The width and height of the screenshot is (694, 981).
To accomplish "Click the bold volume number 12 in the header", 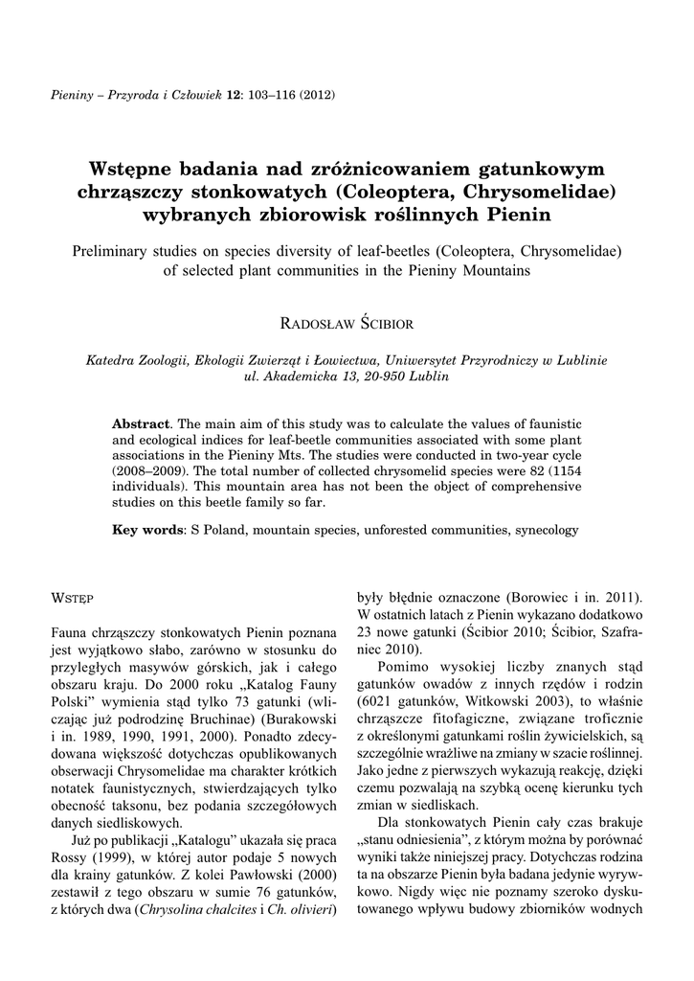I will point(232,95).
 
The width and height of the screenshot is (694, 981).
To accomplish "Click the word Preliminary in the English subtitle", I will point(115,251).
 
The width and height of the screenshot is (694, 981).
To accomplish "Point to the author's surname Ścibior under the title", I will point(388,323).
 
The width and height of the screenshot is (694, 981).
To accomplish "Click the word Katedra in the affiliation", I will point(111,360).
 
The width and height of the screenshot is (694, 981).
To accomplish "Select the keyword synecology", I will point(545,529).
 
